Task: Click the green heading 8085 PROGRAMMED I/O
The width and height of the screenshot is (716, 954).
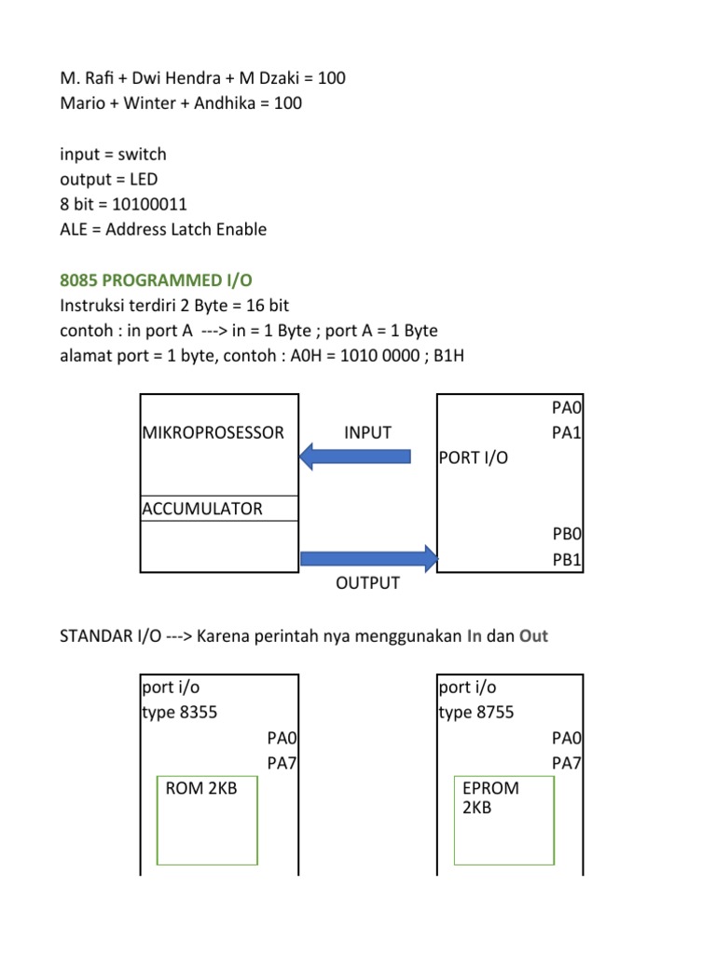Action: tap(156, 280)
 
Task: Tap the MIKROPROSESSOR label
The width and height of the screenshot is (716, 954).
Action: tap(213, 432)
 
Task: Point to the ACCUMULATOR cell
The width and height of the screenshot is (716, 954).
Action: tap(202, 509)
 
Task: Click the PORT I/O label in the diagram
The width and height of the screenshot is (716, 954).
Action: tap(474, 458)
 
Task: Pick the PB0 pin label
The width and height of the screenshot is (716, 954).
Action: tap(567, 535)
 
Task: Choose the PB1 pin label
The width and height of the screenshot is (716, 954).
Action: tap(567, 560)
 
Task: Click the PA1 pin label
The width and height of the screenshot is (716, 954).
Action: tap(567, 433)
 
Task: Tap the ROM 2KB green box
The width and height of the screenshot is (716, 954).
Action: tap(207, 820)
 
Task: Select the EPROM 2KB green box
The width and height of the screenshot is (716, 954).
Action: tap(503, 820)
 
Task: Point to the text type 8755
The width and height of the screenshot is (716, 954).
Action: tap(476, 713)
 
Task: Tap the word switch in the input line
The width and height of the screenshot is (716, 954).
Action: tap(141, 154)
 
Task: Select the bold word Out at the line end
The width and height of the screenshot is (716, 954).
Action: tap(533, 636)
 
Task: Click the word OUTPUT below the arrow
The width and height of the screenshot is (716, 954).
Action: tap(367, 583)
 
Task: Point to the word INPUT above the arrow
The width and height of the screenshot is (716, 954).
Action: tap(367, 432)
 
